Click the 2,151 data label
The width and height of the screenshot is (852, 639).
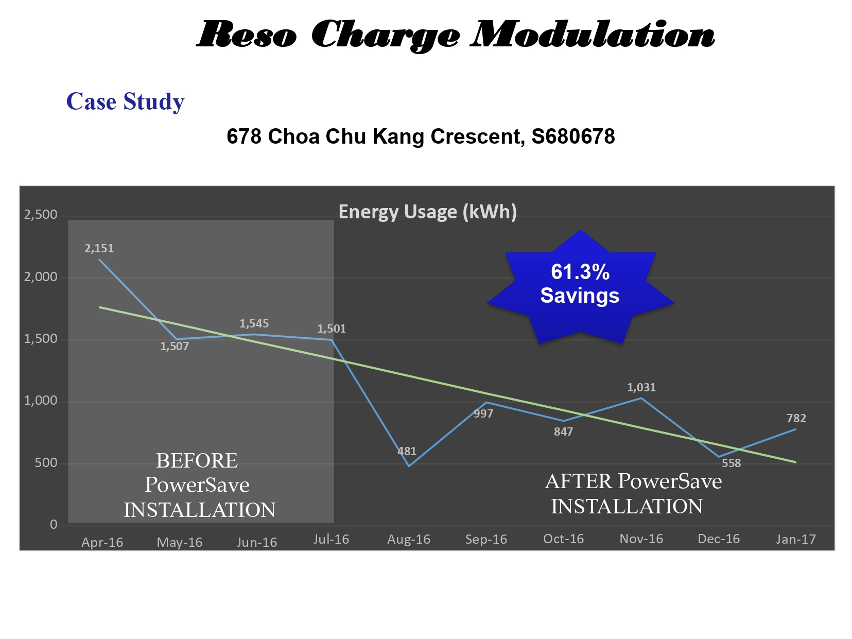(x=99, y=249)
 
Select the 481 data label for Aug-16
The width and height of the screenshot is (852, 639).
(x=407, y=451)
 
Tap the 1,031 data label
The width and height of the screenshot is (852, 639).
(x=641, y=387)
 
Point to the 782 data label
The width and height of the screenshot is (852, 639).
(x=796, y=418)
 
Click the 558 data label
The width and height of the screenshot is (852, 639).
(x=732, y=463)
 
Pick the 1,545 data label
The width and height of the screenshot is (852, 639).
(x=254, y=324)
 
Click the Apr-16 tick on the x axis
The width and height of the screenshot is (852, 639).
(x=102, y=542)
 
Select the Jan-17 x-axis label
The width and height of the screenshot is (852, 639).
(x=796, y=539)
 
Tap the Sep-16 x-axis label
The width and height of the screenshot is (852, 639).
(x=486, y=539)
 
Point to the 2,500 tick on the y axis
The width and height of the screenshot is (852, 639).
(x=40, y=215)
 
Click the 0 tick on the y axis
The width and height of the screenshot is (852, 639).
(x=54, y=525)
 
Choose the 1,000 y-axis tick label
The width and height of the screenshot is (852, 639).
(x=40, y=401)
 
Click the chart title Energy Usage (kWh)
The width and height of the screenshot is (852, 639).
(x=428, y=212)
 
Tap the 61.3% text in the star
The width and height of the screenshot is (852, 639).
(x=580, y=272)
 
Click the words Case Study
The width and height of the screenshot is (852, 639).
(x=126, y=102)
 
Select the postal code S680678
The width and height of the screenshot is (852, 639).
(x=573, y=136)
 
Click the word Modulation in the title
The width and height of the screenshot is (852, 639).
(x=593, y=34)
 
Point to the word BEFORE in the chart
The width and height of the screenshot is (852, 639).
(x=197, y=461)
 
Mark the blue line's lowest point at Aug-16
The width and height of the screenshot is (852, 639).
(x=409, y=466)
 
